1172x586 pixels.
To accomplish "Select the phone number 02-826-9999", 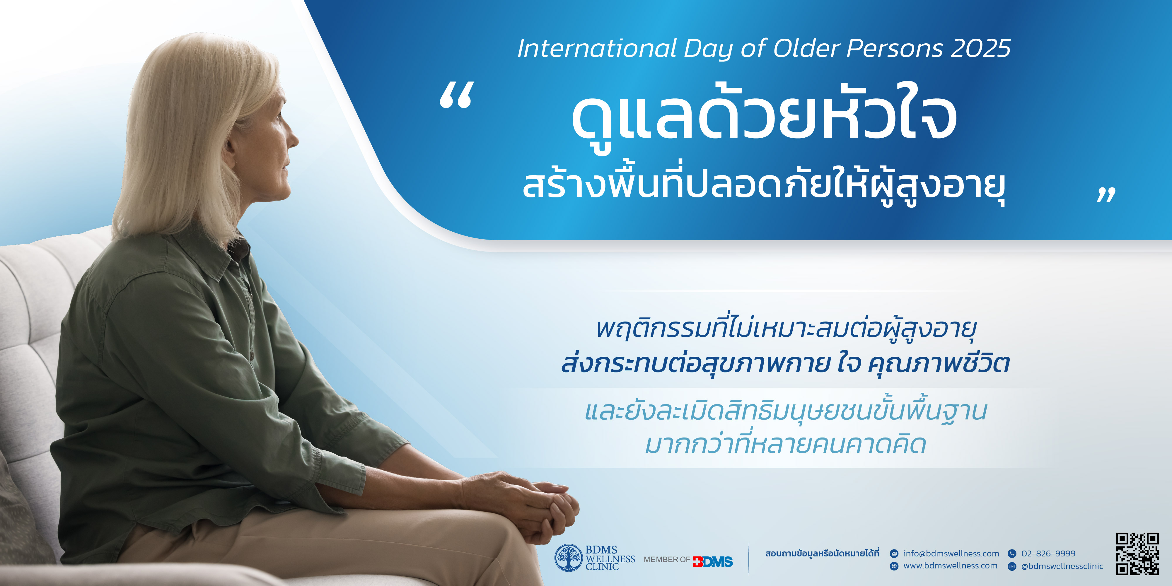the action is pyautogui.click(x=1048, y=554).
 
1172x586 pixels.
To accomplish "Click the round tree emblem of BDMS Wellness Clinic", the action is pyautogui.click(x=568, y=558).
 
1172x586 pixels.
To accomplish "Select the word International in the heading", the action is pyautogui.click(x=597, y=48).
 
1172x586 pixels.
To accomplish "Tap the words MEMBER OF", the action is pyautogui.click(x=666, y=560).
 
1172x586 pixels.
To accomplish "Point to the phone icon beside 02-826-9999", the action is pyautogui.click(x=1012, y=554).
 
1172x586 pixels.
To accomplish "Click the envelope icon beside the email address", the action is pyautogui.click(x=894, y=554).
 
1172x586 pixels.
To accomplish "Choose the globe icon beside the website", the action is pyautogui.click(x=894, y=566).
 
